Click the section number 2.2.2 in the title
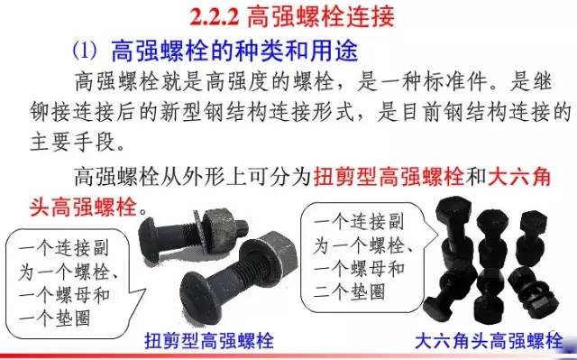pyautogui.click(x=219, y=15)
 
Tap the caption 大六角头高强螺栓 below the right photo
pyautogui.click(x=484, y=341)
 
